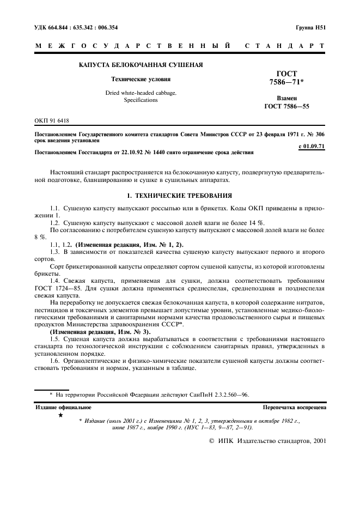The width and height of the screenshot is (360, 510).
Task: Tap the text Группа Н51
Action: pyautogui.click(x=310, y=27)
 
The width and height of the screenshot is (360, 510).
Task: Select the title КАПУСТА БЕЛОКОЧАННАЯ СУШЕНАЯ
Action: pyautogui.click(x=141, y=65)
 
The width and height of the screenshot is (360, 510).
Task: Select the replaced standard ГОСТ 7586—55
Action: pyautogui.click(x=286, y=106)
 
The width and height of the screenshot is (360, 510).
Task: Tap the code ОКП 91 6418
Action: pyautogui.click(x=52, y=120)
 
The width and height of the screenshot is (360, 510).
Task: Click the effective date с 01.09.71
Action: pyautogui.click(x=312, y=146)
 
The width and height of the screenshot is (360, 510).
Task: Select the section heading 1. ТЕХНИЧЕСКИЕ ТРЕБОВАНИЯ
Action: pyautogui.click(x=180, y=195)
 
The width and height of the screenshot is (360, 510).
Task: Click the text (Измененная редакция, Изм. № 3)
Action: pyautogui.click(x=93, y=331)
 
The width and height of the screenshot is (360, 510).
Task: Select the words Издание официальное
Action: pyautogui.click(x=63, y=407)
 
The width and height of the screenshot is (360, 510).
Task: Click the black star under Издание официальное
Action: pyautogui.click(x=60, y=416)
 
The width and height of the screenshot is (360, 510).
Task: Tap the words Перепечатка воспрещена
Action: pyautogui.click(x=294, y=407)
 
